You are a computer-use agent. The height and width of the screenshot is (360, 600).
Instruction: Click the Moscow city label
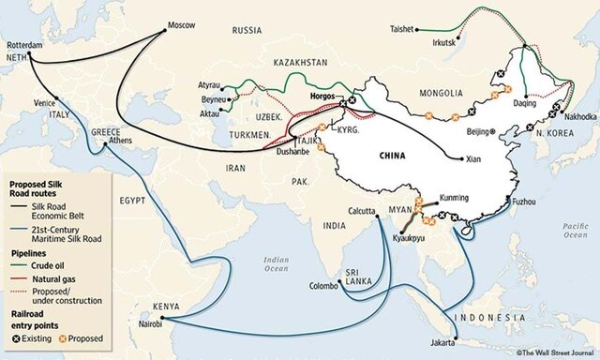[182, 25]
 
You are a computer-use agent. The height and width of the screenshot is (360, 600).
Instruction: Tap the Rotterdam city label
[25, 44]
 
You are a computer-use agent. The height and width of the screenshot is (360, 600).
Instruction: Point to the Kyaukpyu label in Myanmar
[406, 241]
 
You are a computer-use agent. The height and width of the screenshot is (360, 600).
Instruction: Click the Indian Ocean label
[276, 263]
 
